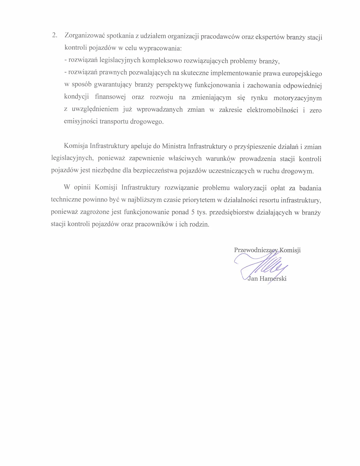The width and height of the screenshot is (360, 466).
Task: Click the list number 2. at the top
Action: pos(54,36)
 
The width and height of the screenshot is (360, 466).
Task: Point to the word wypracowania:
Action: pos(160,48)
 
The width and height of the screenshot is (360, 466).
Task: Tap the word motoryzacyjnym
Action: pos(298,98)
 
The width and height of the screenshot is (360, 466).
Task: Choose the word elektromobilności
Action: pos(272,110)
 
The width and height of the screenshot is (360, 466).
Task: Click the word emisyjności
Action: pos(81,121)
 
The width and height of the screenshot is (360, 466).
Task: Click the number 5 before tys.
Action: pos(193,212)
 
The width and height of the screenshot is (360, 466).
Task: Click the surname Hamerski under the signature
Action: pos(273,279)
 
